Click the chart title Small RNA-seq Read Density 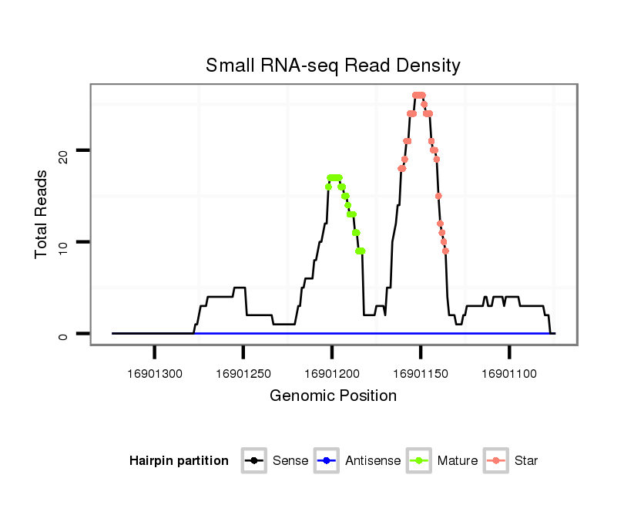(333, 66)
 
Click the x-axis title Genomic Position (333, 396)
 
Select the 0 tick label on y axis (65, 335)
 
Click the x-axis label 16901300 (156, 374)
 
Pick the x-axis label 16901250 (243, 374)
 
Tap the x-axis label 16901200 (332, 374)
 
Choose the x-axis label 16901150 (421, 374)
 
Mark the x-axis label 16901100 (509, 374)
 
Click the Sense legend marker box (253, 461)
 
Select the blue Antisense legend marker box (327, 461)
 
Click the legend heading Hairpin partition (179, 461)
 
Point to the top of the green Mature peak (334, 177)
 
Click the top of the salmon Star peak (418, 95)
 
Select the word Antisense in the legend (373, 461)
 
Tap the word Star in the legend (525, 461)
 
